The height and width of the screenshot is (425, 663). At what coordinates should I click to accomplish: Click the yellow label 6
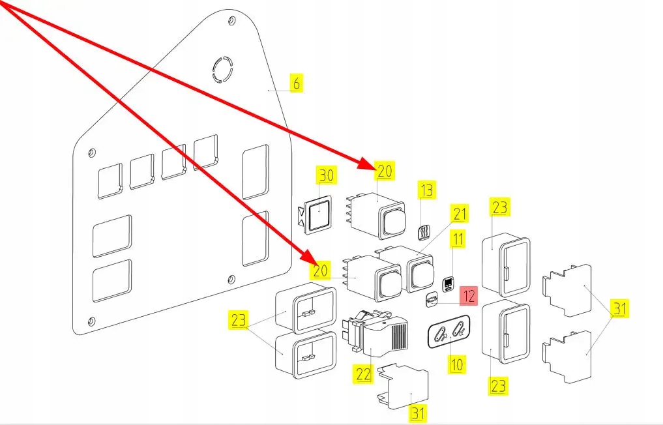tap(296, 83)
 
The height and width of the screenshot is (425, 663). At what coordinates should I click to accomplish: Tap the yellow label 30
tap(326, 175)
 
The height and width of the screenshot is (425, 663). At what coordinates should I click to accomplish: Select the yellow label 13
tap(426, 191)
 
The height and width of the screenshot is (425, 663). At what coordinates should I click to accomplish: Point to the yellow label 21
tap(460, 213)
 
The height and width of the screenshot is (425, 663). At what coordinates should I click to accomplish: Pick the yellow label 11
tap(458, 239)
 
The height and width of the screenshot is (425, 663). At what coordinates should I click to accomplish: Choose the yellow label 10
tap(458, 363)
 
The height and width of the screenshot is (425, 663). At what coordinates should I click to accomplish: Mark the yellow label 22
tap(363, 374)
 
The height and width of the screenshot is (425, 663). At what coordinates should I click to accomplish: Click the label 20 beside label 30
tap(385, 171)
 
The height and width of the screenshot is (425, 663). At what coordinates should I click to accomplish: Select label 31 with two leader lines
tap(619, 309)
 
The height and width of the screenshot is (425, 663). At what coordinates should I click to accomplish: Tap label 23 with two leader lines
tap(239, 320)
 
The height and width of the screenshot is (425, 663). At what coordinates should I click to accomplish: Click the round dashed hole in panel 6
tap(222, 70)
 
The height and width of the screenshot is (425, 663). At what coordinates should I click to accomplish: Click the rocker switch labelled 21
tap(420, 272)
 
